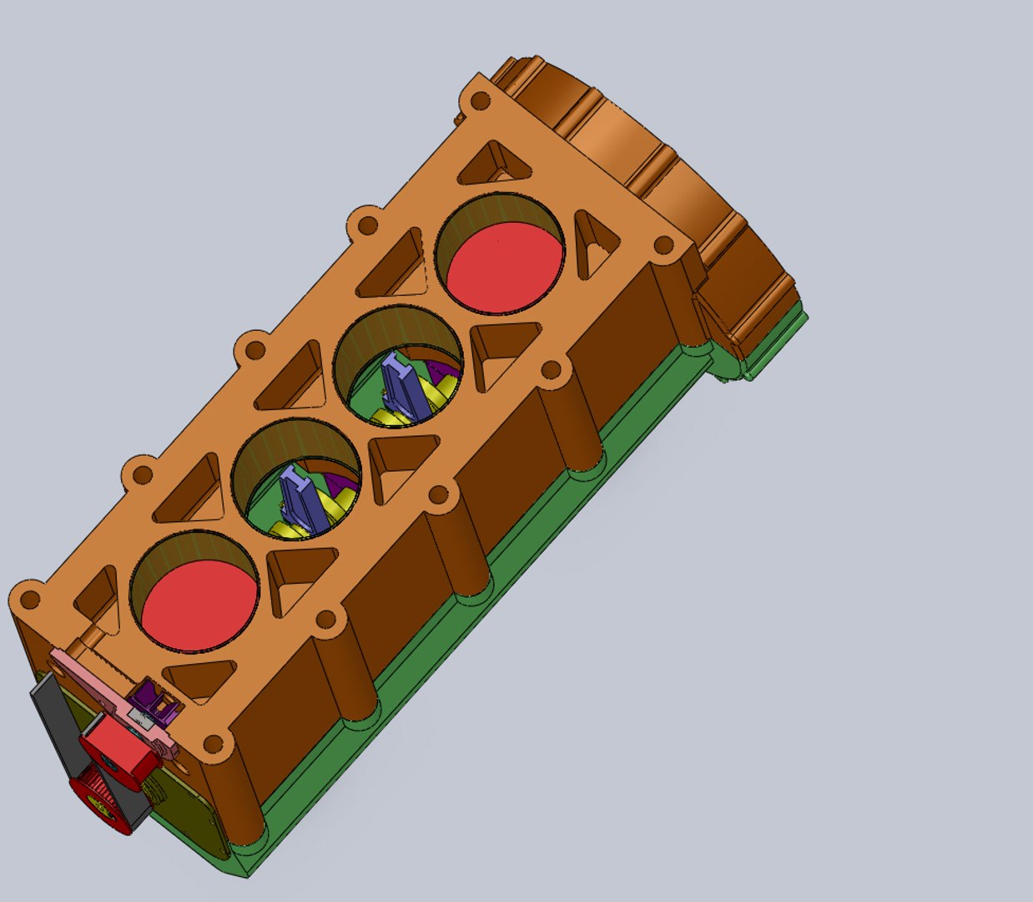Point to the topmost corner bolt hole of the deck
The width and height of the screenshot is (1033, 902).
click(480, 102)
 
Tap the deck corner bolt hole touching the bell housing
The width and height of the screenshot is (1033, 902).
click(663, 245)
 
